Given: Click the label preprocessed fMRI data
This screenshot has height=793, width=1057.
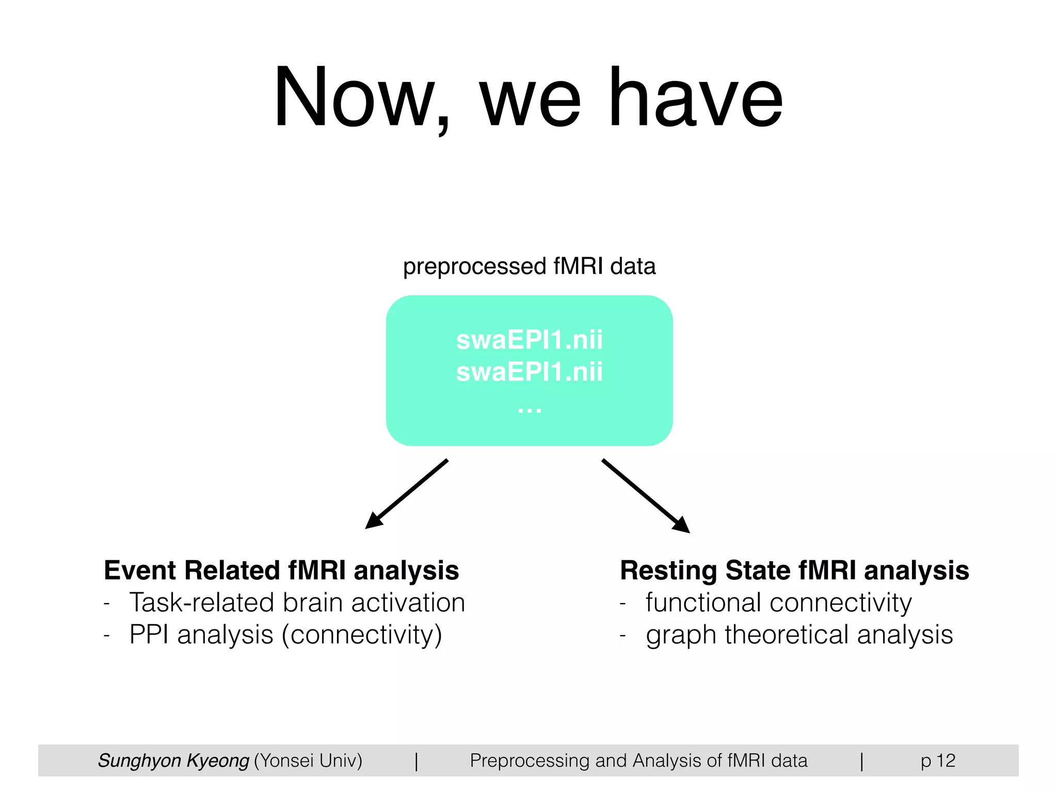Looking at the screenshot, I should [x=529, y=266].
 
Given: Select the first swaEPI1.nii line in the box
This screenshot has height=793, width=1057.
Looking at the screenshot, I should [x=529, y=340].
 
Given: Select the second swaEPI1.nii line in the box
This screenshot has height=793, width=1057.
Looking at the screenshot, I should [x=529, y=372].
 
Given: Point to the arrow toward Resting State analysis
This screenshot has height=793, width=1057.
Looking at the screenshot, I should [x=646, y=496].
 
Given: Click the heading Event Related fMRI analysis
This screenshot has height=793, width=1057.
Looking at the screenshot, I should [x=281, y=570].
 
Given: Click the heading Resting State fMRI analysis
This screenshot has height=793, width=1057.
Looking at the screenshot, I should [x=794, y=570].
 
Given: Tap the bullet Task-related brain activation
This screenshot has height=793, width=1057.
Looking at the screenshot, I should [x=297, y=602].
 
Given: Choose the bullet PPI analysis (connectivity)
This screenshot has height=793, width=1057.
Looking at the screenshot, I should [x=285, y=635].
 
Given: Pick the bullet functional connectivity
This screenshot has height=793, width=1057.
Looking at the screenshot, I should [x=778, y=602].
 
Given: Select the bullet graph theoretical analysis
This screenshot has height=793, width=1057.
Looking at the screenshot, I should [x=799, y=635].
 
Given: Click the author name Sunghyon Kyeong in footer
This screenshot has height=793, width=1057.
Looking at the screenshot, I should [x=173, y=760].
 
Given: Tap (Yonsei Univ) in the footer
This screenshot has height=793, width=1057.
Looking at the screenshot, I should [x=308, y=760].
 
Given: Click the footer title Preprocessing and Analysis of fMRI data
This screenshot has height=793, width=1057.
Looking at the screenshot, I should [x=638, y=760].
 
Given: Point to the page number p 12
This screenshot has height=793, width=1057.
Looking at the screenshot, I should [x=938, y=760].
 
